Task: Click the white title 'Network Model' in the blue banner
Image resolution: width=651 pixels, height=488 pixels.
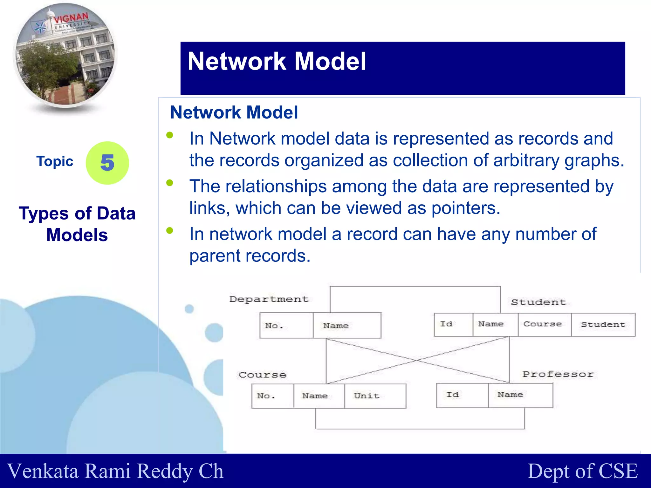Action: [x=277, y=61]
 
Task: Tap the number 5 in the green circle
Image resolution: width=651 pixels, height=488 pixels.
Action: [x=107, y=163]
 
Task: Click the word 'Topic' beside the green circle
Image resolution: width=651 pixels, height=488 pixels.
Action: [x=55, y=161]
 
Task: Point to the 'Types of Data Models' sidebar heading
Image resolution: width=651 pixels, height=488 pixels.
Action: [x=77, y=224]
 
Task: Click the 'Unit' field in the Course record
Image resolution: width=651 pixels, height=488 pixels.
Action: [x=375, y=396]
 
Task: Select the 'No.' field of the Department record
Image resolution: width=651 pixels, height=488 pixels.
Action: [x=286, y=325]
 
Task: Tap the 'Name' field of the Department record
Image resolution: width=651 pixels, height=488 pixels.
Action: [x=347, y=325]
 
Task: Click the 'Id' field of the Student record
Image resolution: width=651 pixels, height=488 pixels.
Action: [x=453, y=324]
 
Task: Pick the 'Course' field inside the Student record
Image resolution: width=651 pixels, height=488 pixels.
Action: [x=544, y=324]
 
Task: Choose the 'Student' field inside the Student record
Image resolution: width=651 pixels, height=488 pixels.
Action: [x=603, y=324]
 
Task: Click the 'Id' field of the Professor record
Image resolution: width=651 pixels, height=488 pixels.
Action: [x=462, y=395]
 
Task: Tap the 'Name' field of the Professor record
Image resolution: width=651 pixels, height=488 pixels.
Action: [x=520, y=395]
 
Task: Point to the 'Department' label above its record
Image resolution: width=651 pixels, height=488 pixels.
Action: [x=269, y=299]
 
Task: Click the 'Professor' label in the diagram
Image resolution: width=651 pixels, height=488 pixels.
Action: [x=558, y=374]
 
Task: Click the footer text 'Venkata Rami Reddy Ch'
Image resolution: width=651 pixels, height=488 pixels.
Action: [x=115, y=471]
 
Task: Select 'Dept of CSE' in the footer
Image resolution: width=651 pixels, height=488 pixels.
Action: [x=583, y=471]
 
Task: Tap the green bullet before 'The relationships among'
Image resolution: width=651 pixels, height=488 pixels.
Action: [x=170, y=183]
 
